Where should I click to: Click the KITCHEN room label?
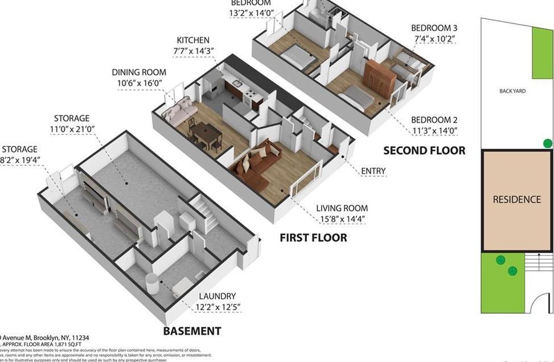click(x=193, y=40)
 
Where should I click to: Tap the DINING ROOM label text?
click(x=139, y=72)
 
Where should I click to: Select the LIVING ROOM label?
click(x=342, y=208)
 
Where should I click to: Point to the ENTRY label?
click(x=374, y=171)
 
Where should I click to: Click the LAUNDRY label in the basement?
click(x=217, y=296)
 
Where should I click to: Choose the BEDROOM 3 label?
click(x=434, y=28)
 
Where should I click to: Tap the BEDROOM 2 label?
click(x=434, y=120)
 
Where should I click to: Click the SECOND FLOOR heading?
click(x=424, y=151)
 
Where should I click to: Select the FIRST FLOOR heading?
click(x=313, y=237)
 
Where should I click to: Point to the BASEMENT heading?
click(x=192, y=331)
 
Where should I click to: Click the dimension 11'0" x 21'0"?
click(x=71, y=129)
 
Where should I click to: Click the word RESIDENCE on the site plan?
click(x=516, y=200)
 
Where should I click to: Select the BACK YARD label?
click(x=512, y=91)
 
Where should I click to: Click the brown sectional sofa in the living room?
click(x=255, y=165)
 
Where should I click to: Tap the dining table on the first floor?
click(x=206, y=133)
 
